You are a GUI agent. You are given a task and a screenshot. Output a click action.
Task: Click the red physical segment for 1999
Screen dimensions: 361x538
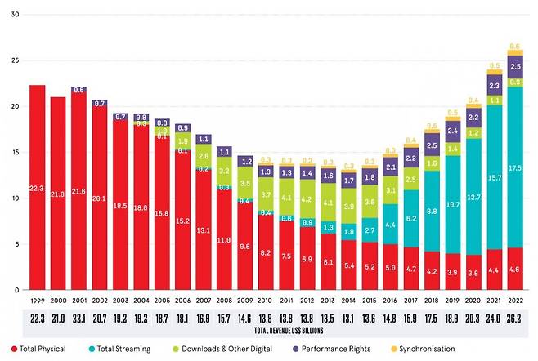[37, 187]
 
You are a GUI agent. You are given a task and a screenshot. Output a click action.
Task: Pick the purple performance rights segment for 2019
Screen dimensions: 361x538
[451, 131]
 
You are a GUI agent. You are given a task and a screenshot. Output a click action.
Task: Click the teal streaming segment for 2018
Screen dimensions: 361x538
[430, 210]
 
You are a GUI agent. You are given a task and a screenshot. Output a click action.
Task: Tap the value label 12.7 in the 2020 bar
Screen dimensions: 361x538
[473, 197]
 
